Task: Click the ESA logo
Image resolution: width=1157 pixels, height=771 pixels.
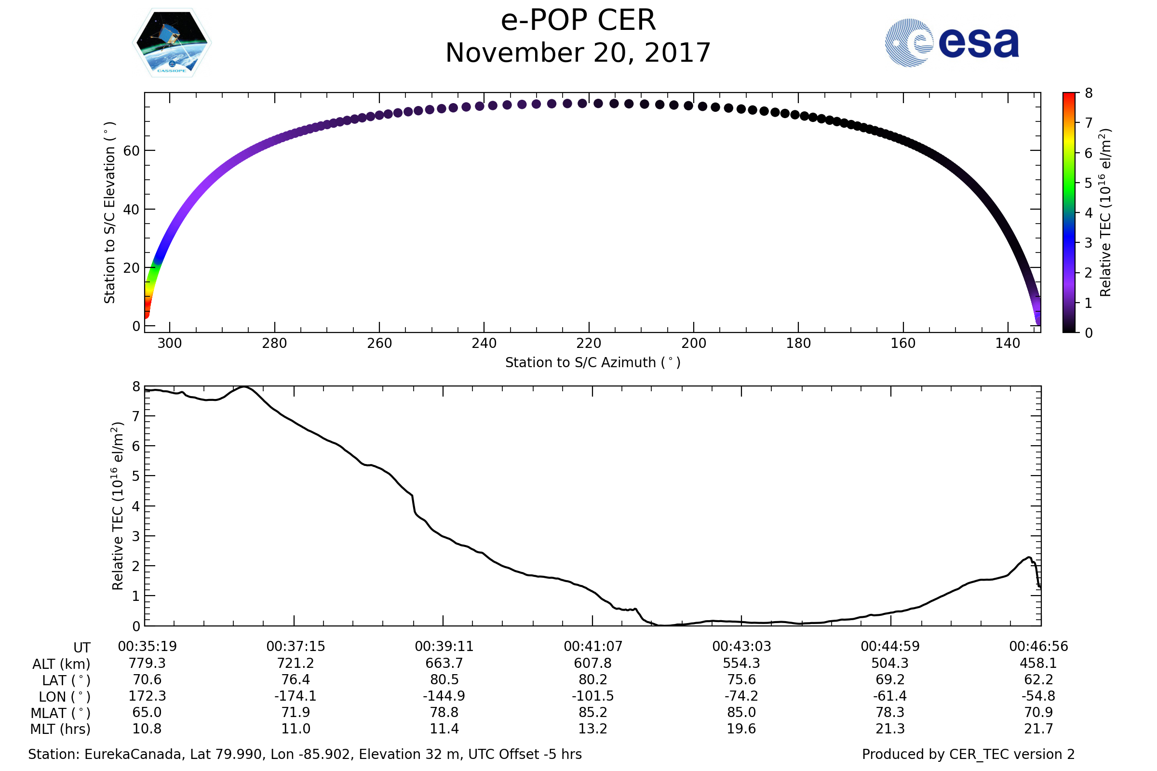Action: coord(951,43)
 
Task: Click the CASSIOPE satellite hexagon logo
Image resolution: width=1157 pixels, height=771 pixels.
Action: coord(172,43)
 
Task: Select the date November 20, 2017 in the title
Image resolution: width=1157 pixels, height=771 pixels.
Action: coord(578,53)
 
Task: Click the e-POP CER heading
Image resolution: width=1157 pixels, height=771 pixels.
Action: coord(578,21)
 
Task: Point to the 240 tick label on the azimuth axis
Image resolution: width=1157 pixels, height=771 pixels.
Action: coord(484,343)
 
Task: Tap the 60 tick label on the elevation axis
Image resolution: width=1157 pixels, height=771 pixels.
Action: coord(131,151)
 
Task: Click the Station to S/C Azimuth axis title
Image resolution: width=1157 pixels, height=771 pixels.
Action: coord(593,363)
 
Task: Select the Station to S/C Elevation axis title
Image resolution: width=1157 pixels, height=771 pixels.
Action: coord(109,213)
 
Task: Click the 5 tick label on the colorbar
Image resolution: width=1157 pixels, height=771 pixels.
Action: coord(1089,184)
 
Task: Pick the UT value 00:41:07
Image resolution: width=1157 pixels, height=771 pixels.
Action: coord(593,647)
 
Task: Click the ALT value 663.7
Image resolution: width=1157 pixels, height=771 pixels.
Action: coord(444,664)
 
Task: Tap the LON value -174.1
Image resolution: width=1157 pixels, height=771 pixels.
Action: coord(296,696)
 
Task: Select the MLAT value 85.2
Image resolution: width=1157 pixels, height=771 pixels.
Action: coord(593,713)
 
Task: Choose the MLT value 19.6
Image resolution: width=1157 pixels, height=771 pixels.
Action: coord(741,729)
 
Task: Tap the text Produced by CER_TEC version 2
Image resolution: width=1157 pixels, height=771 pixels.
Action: coord(968,755)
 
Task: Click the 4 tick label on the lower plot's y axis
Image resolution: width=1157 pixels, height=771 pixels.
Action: coord(136,506)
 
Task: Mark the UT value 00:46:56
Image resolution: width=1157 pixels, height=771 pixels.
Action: coord(1038,647)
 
